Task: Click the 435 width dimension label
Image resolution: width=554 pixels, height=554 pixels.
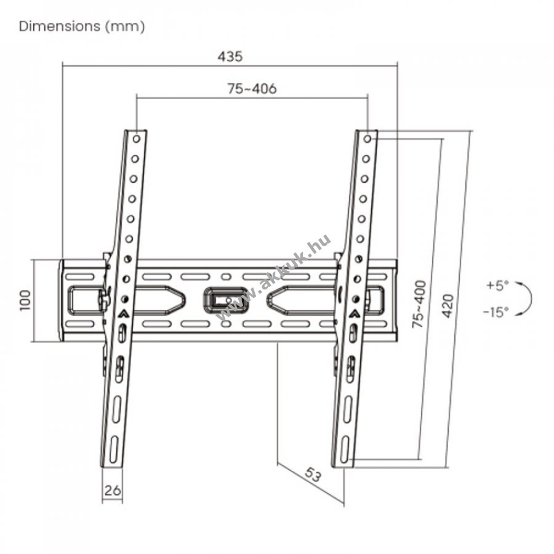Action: [x=230, y=57]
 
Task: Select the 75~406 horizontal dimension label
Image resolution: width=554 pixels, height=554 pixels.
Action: [x=252, y=89]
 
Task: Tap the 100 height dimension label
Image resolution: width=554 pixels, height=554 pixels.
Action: [x=25, y=300]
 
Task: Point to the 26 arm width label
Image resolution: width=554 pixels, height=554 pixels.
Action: [x=113, y=491]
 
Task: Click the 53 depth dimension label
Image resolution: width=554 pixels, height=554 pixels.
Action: [x=313, y=474]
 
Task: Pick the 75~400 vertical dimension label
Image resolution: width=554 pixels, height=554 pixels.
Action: [x=419, y=304]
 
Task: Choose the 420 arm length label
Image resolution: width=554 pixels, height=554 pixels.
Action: [x=448, y=306]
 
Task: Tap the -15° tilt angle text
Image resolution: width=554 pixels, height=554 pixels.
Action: [x=496, y=311]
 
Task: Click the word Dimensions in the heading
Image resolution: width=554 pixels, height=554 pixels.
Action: [x=60, y=26]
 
